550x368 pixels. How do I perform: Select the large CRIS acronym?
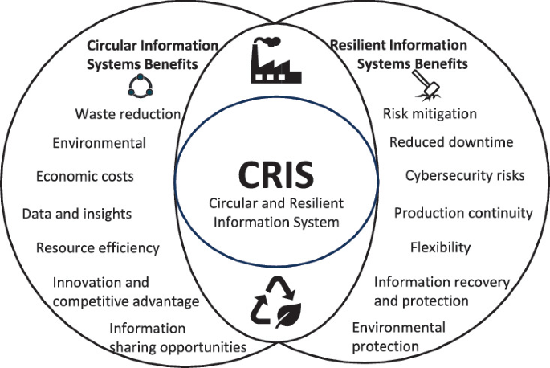click(275, 173)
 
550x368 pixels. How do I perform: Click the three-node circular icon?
click(139, 87)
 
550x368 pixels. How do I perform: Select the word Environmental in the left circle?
click(100, 144)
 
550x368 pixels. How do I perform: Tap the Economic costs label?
click(85, 175)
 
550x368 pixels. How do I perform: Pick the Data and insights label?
click(77, 214)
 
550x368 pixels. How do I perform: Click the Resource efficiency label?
click(98, 247)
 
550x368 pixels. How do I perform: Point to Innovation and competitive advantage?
click(126, 292)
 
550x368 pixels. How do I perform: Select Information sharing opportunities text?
click(177, 337)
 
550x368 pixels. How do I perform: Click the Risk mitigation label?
click(430, 113)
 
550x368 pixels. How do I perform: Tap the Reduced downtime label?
click(450, 142)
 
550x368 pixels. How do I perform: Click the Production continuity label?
click(463, 213)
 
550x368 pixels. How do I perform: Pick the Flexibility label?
click(440, 247)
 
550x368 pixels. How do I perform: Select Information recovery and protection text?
click(432, 291)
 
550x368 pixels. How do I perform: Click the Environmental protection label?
click(398, 337)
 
